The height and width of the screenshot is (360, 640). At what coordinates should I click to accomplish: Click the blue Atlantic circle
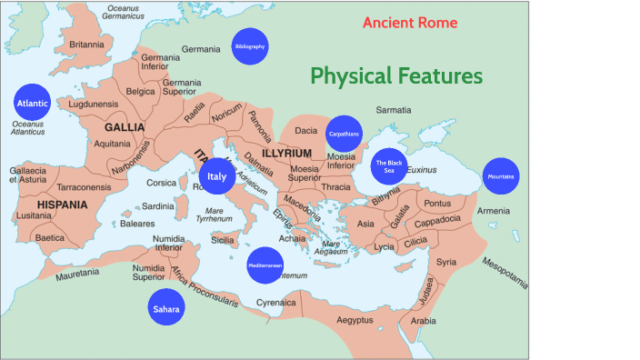pos(32,104)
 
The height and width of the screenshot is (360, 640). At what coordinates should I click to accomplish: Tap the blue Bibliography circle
pos(250,46)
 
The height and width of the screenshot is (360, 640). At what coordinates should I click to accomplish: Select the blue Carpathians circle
pos(344,134)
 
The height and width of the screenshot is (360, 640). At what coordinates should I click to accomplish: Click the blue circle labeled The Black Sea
pos(388,166)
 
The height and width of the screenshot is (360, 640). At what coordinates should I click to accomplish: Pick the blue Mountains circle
pos(501,175)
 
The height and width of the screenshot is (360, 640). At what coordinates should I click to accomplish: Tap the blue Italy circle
pos(216,176)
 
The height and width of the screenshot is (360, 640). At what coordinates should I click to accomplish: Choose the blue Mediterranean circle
pos(265,265)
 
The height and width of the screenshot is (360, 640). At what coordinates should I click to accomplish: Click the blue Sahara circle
pos(166,309)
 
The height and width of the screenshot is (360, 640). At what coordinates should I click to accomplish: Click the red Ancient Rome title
pos(410,23)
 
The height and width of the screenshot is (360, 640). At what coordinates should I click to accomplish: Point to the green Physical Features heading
pos(396,75)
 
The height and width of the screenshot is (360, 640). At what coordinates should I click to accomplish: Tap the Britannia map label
pos(86,44)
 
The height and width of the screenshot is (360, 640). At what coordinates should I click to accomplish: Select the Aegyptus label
pos(355,320)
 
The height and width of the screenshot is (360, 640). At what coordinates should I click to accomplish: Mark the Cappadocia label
pos(445,223)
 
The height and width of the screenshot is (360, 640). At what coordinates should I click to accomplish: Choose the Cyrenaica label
pos(276,303)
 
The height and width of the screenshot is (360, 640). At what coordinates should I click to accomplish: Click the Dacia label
pos(306,131)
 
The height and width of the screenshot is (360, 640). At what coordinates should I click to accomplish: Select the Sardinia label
pos(157,206)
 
